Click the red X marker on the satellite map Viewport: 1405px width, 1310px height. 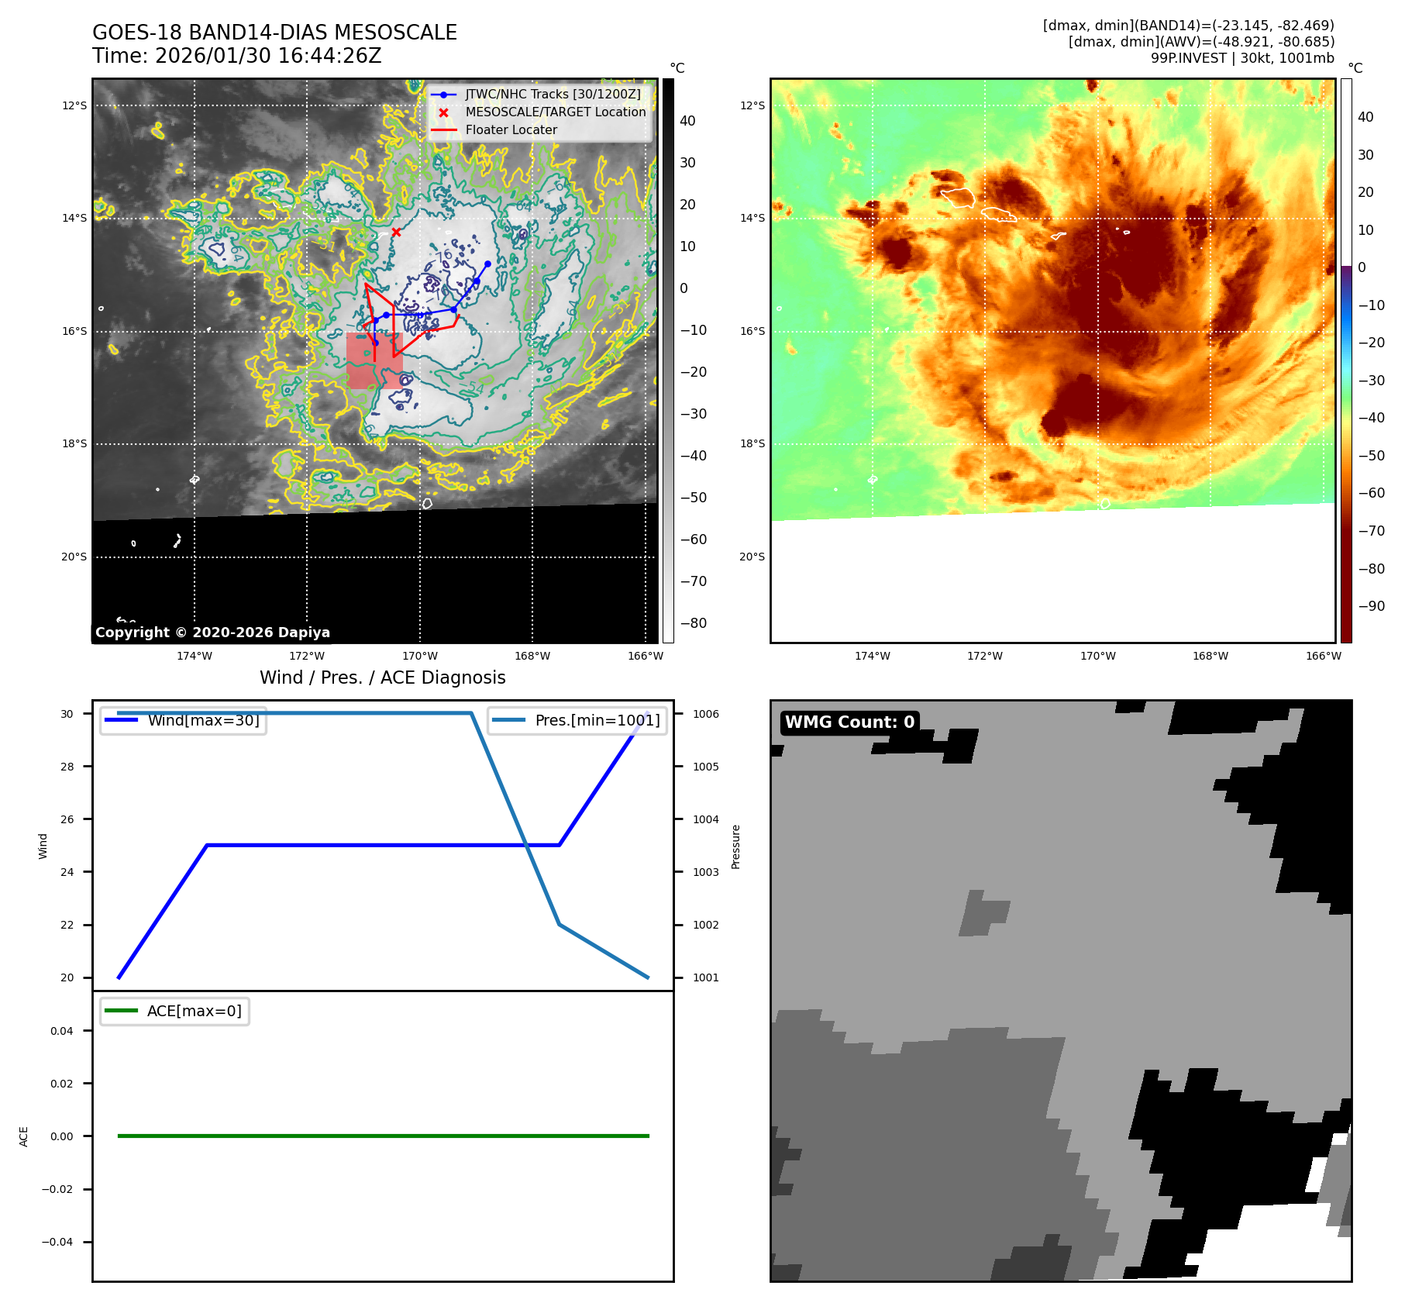(x=396, y=232)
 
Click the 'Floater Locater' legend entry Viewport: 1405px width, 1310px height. (x=511, y=130)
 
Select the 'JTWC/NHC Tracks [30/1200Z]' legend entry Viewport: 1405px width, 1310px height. (x=553, y=95)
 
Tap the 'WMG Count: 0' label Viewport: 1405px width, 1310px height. (x=849, y=722)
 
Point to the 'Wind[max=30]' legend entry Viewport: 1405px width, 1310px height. (x=203, y=720)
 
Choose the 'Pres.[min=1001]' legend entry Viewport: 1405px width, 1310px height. (x=597, y=720)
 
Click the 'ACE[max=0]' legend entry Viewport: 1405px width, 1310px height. (x=194, y=1011)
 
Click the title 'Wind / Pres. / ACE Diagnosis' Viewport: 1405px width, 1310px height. (x=382, y=677)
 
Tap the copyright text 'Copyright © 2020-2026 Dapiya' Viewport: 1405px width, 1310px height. (x=212, y=633)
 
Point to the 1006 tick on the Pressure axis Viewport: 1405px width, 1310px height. (x=705, y=714)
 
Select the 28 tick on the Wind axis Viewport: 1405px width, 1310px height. (x=67, y=767)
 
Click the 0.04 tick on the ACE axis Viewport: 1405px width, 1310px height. (x=62, y=1031)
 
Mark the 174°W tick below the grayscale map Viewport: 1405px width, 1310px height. (x=194, y=656)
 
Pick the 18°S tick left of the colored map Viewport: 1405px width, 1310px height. (x=752, y=444)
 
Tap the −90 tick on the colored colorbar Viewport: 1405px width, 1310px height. (x=1371, y=606)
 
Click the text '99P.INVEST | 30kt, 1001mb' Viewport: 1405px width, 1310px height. (x=1242, y=58)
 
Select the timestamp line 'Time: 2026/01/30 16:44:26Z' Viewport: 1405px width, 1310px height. (x=236, y=56)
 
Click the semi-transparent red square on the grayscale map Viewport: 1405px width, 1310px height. (x=374, y=360)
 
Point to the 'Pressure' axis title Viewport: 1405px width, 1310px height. (x=736, y=846)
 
